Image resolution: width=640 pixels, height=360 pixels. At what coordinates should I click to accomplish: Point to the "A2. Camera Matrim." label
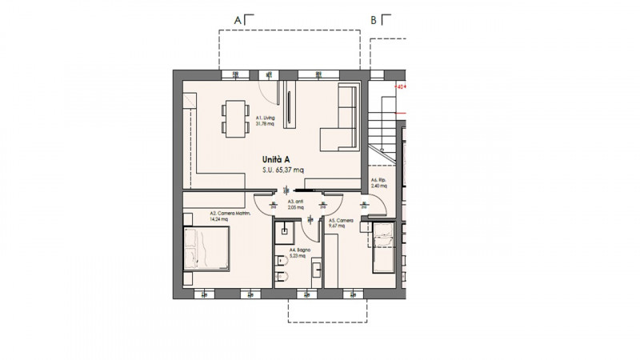(230, 216)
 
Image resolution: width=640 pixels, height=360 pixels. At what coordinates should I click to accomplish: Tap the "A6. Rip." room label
(379, 182)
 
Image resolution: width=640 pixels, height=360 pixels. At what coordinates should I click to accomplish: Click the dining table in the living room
(234, 118)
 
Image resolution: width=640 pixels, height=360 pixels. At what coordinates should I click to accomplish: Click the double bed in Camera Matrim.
(208, 247)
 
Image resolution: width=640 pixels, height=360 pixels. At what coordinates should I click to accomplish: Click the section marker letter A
(237, 19)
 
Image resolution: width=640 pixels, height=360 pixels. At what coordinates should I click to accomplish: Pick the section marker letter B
(373, 20)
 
